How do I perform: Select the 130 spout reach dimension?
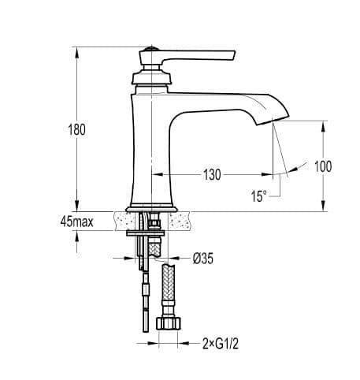coord(211,175)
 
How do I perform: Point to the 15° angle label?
coord(259,196)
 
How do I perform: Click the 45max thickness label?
coord(76,222)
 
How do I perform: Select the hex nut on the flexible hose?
coord(169,324)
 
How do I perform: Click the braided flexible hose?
coord(169,289)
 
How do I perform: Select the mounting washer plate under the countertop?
coord(146,233)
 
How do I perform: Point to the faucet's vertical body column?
coord(150,142)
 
